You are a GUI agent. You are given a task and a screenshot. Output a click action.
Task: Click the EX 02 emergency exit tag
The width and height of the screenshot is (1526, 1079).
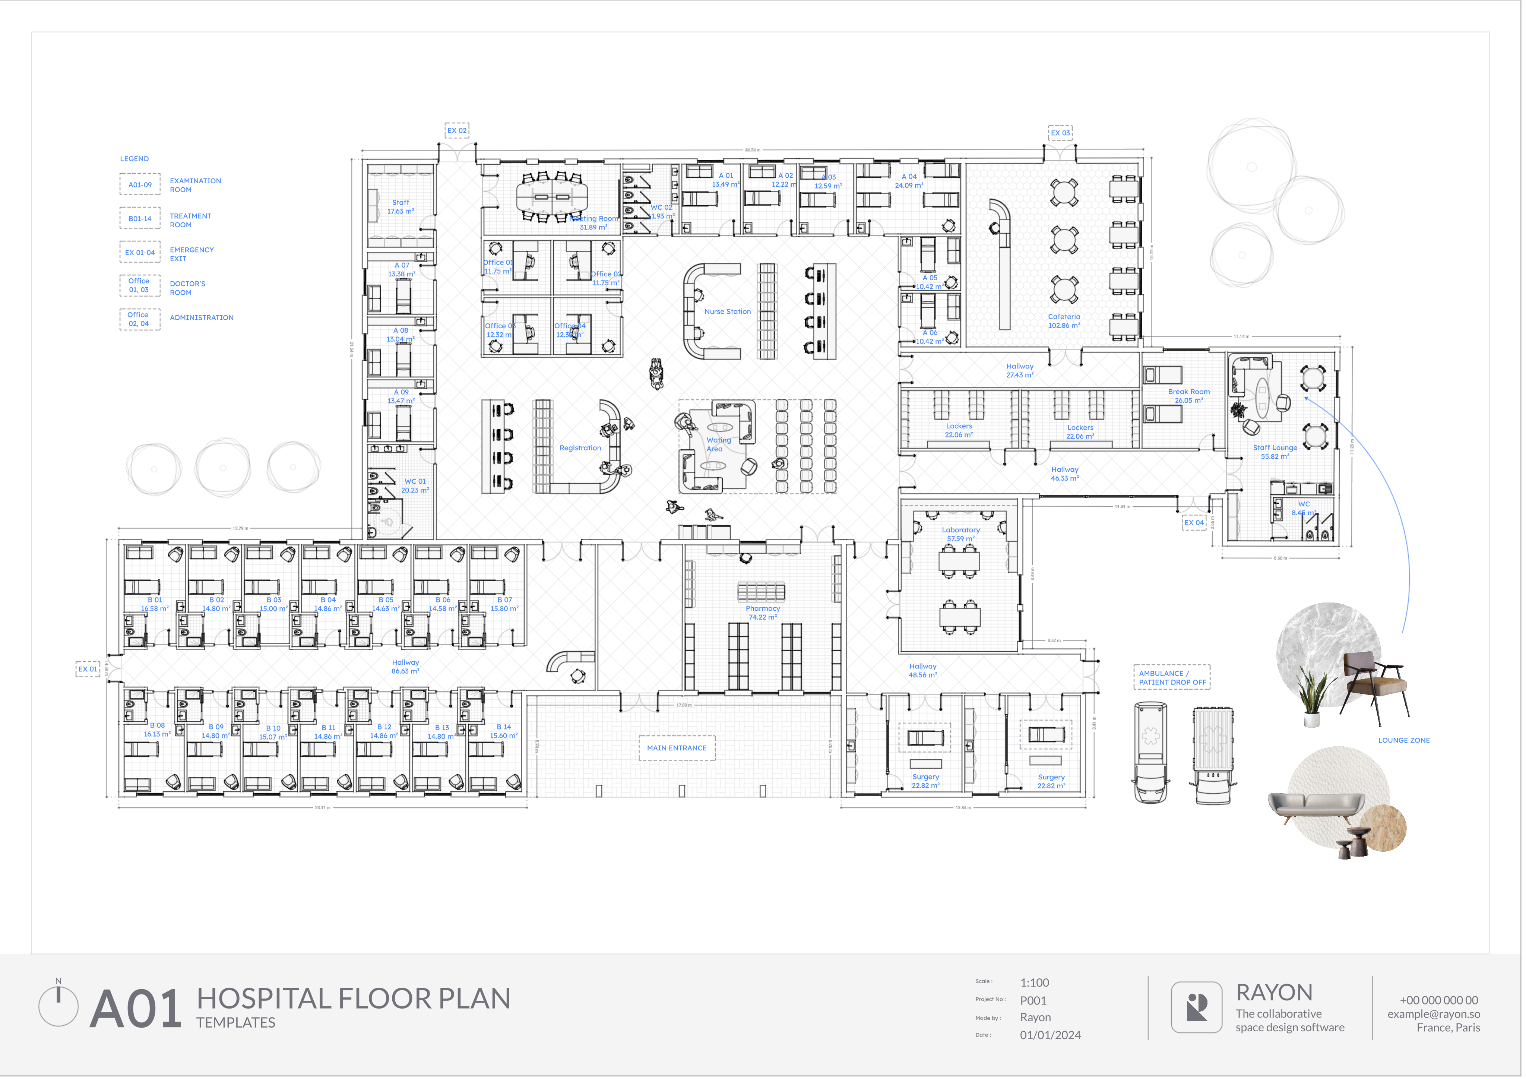coord(457,130)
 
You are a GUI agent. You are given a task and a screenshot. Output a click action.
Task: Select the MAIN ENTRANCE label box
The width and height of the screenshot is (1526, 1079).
coord(677,748)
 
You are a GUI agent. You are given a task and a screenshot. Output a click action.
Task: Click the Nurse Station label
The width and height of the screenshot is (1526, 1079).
coord(727,311)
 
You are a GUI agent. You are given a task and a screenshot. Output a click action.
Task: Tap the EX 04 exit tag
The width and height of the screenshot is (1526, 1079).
coord(1194,522)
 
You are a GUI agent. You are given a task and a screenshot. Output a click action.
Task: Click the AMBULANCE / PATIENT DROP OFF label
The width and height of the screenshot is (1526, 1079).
coord(1172,677)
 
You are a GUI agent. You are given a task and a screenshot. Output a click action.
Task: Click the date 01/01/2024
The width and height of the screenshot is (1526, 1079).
coord(1050,1035)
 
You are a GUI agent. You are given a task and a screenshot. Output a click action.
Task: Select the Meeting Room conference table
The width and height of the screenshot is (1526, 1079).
coord(552,196)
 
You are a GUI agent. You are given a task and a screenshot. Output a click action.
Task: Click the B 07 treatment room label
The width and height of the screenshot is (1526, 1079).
coord(504,604)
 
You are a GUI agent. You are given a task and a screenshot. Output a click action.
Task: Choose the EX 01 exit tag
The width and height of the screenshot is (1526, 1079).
coord(88,669)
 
